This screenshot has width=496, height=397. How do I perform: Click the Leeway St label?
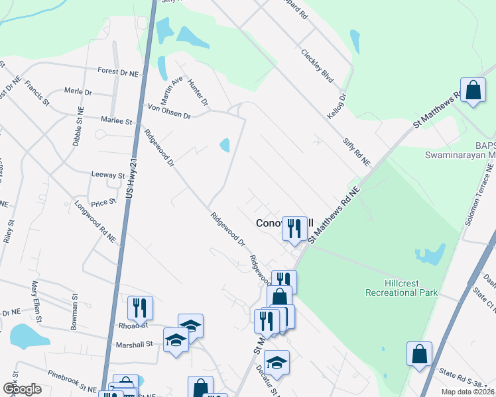[x=107, y=175]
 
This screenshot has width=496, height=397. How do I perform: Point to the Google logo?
[x=22, y=389]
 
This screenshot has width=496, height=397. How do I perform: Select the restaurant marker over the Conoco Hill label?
[x=292, y=228]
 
